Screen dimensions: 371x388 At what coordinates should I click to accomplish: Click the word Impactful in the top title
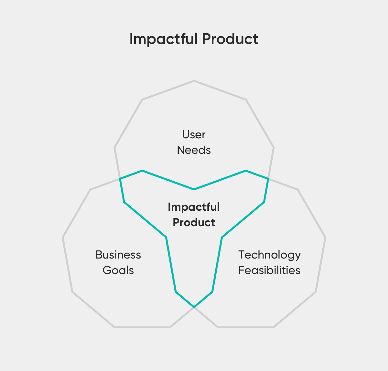163,39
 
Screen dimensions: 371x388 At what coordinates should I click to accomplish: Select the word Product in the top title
230,39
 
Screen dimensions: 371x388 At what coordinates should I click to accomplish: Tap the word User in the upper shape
194,134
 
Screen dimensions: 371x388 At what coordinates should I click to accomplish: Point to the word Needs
194,150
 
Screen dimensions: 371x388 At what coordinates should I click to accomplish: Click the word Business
118,255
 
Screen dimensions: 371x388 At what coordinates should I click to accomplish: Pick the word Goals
118,270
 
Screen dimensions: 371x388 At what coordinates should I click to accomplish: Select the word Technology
269,255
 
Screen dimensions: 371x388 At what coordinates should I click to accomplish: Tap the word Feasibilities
269,270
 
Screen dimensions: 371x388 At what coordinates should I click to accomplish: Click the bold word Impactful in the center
194,207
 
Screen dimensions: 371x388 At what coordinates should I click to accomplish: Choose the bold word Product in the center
194,222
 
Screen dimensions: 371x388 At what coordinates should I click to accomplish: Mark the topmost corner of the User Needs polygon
194,80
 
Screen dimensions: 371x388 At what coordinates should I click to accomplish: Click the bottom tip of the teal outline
194,307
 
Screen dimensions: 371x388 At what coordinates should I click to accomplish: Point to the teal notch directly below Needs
194,189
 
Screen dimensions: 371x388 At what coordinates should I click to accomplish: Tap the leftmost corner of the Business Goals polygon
63,238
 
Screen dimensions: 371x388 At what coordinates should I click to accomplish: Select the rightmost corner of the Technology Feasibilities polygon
325,238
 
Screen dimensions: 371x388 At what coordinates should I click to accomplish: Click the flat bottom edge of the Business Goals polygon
142,327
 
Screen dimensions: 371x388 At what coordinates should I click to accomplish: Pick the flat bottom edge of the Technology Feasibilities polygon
246,327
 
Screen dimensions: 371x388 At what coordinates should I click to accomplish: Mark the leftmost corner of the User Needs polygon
114,148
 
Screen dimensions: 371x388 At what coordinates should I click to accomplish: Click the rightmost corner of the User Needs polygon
274,148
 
